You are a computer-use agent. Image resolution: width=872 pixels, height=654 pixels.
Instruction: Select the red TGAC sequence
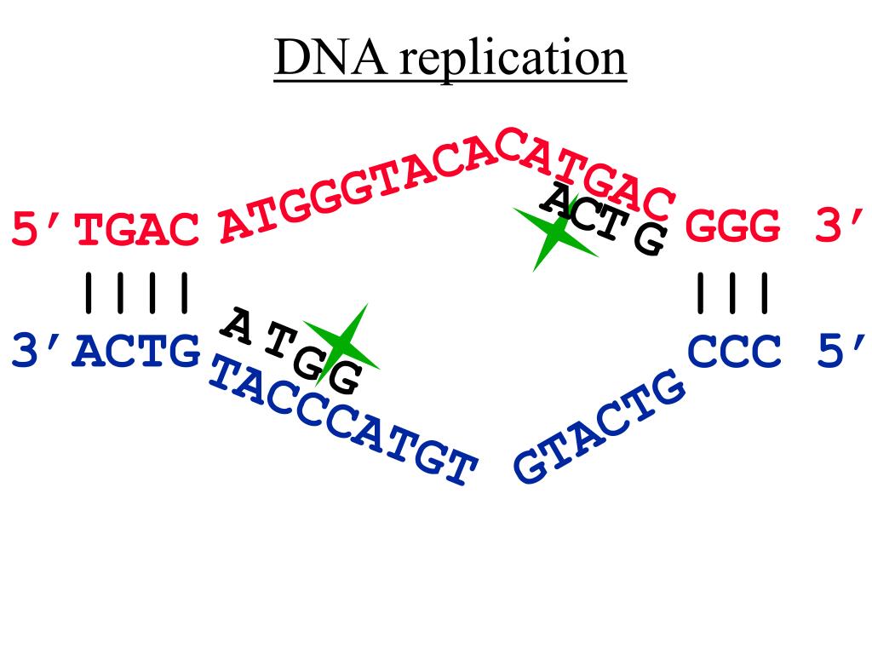coord(139,231)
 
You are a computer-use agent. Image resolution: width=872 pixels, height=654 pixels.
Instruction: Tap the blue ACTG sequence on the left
coord(137,352)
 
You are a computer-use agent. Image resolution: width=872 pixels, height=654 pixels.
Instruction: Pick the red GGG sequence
coord(733,228)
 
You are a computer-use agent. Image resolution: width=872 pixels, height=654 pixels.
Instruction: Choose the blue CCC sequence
coord(734,352)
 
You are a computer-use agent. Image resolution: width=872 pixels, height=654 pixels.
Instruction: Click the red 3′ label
coord(839,228)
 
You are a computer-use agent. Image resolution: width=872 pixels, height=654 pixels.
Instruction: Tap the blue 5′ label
coord(841,352)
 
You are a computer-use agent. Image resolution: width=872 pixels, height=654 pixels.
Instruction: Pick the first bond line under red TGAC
coord(86,291)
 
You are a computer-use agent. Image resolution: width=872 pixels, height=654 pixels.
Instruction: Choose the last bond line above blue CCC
coord(765,291)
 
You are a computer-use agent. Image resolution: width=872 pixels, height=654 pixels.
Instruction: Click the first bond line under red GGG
coord(701,291)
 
